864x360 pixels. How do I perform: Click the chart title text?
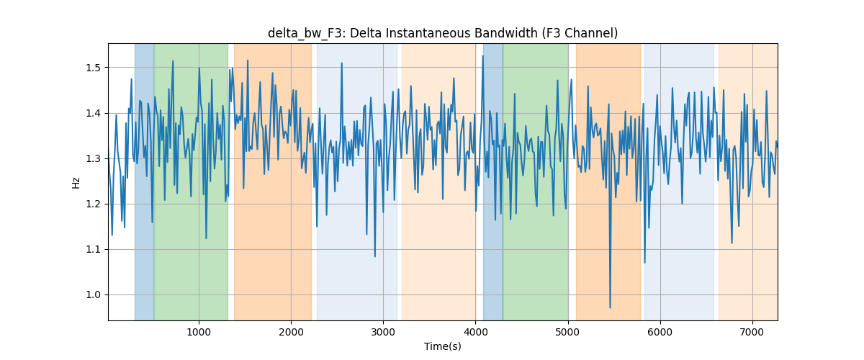[443, 33]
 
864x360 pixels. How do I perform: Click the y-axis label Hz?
[76, 182]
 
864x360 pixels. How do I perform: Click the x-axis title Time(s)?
[443, 346]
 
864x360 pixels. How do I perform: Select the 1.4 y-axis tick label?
[93, 114]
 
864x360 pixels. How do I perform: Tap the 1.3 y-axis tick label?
[93, 158]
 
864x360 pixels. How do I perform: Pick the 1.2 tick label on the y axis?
[93, 204]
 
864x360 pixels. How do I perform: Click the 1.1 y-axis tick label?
[93, 250]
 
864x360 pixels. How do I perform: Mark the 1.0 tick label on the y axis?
[93, 294]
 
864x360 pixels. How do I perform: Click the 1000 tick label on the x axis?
[199, 332]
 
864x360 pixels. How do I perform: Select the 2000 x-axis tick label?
[291, 332]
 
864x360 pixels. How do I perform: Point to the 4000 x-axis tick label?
[476, 332]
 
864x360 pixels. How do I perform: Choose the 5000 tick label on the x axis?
[568, 332]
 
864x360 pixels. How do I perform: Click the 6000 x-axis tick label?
[660, 332]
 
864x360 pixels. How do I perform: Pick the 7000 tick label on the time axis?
[752, 332]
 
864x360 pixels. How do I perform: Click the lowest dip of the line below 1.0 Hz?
[610, 307]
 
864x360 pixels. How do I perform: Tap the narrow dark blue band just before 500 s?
[144, 181]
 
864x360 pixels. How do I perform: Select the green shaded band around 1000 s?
[191, 181]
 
